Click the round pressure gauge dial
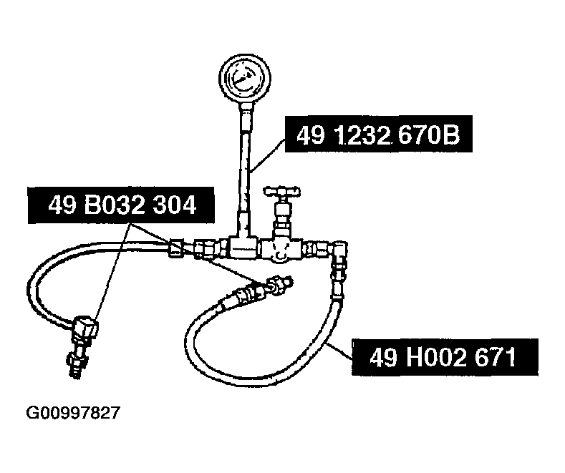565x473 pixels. click(245, 78)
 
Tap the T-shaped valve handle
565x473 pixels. click(281, 191)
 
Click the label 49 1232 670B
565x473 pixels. click(378, 134)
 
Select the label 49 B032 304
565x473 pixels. click(121, 205)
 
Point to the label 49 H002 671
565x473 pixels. click(445, 357)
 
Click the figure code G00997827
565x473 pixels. click(72, 413)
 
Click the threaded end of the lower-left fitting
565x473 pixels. click(75, 366)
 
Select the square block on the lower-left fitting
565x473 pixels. click(86, 327)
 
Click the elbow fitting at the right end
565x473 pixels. click(339, 250)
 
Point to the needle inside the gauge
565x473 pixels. click(242, 78)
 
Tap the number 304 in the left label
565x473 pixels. click(175, 205)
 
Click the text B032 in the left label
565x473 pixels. click(114, 205)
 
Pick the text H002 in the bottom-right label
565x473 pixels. click(438, 358)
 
